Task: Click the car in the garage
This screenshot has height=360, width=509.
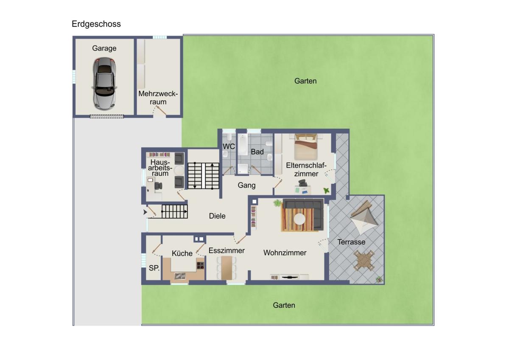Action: pyautogui.click(x=104, y=84)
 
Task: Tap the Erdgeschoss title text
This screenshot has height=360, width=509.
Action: pyautogui.click(x=96, y=24)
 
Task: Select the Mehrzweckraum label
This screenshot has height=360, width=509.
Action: pyautogui.click(x=158, y=98)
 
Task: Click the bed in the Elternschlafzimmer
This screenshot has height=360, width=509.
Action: pyautogui.click(x=306, y=146)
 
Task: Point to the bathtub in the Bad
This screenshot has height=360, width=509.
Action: pyautogui.click(x=243, y=145)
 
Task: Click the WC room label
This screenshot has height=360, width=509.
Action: pyautogui.click(x=229, y=146)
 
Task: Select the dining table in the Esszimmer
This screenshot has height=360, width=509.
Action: pyautogui.click(x=227, y=268)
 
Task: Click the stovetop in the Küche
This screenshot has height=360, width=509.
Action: pyautogui.click(x=200, y=265)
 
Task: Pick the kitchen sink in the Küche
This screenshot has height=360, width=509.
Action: pyautogui.click(x=180, y=276)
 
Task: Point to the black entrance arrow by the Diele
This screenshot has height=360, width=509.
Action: pyautogui.click(x=145, y=212)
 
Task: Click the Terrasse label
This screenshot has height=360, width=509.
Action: pyautogui.click(x=351, y=242)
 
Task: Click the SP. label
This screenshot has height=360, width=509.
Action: pyautogui.click(x=154, y=268)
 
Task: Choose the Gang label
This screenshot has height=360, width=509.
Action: pyautogui.click(x=246, y=186)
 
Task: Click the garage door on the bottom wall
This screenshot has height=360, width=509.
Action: pyautogui.click(x=107, y=116)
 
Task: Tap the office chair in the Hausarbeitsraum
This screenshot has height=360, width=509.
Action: pyautogui.click(x=158, y=186)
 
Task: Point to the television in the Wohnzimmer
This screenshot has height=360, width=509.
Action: pyautogui.click(x=289, y=277)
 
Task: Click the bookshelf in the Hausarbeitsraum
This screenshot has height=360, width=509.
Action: pyautogui.click(x=159, y=155)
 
